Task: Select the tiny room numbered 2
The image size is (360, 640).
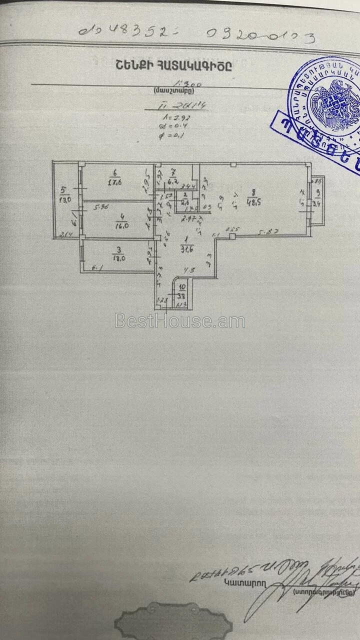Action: [x=185, y=199]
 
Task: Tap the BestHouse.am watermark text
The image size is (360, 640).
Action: [x=180, y=321]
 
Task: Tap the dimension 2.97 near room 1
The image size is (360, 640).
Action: [x=189, y=218]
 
